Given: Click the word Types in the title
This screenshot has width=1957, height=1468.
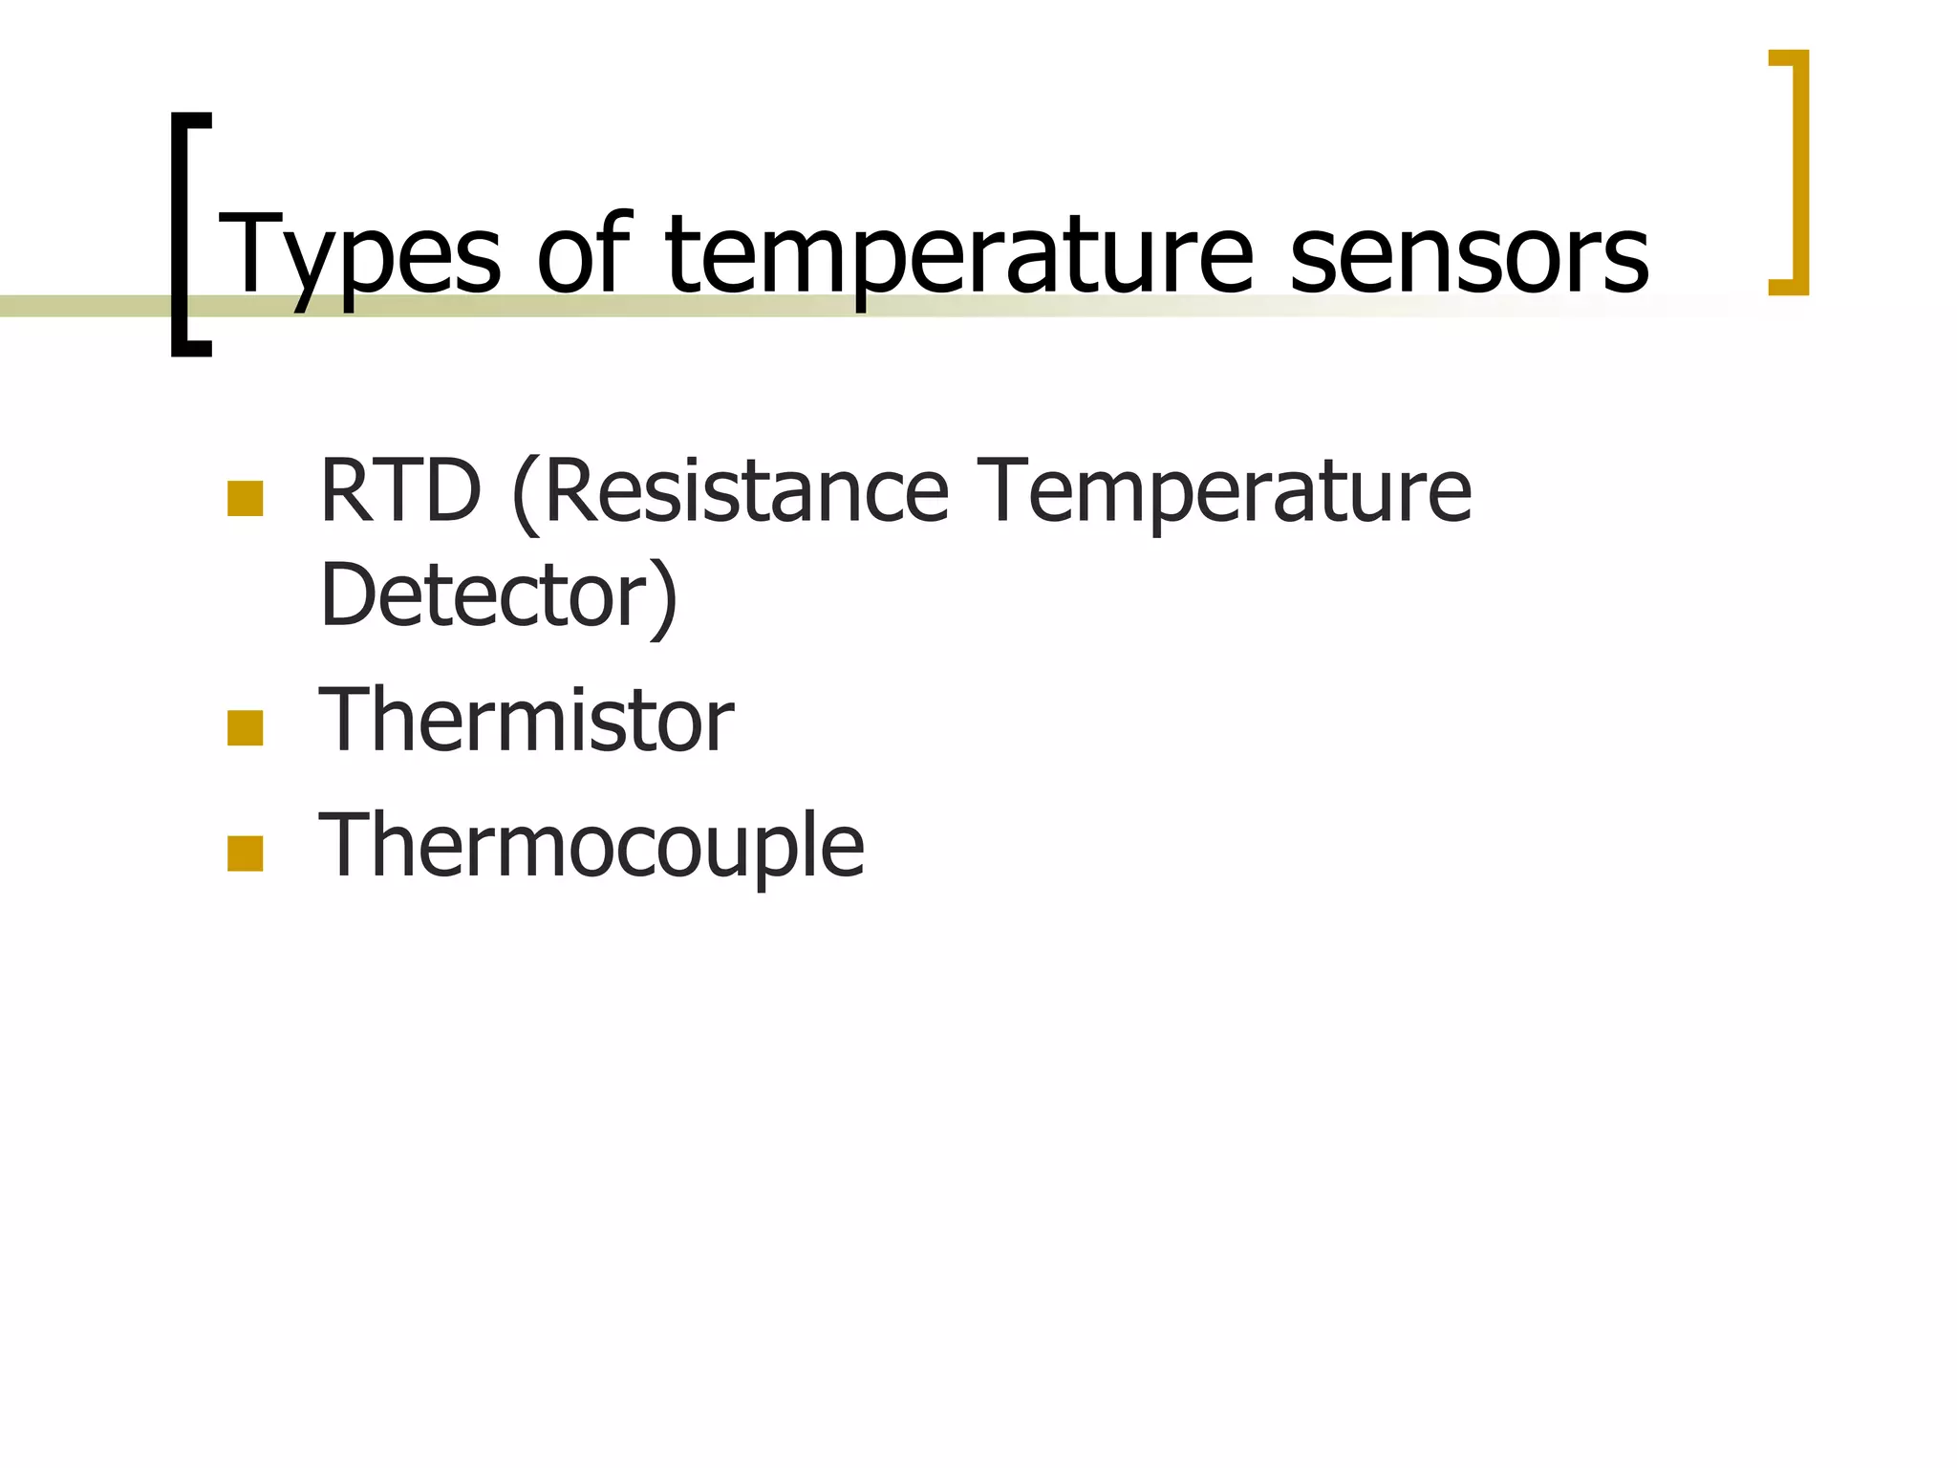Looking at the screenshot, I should [x=359, y=253].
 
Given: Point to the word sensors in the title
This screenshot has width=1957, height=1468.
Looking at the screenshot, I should [x=1469, y=253].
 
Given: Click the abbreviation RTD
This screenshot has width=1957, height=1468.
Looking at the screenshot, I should [x=400, y=491].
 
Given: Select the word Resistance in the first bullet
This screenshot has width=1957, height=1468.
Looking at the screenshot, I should [x=746, y=491].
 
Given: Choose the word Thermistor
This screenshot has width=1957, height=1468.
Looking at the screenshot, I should [x=526, y=721].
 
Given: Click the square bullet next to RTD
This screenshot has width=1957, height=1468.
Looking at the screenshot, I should [x=245, y=499].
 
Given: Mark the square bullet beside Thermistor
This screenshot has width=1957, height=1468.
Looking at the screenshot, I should [x=245, y=728].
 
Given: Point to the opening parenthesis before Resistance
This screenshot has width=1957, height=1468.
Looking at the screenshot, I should [x=523, y=495].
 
